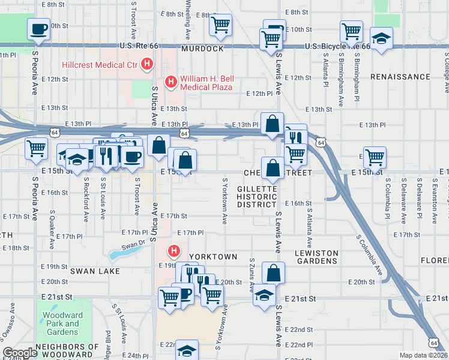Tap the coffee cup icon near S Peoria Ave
(38, 28)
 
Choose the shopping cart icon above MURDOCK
(220, 25)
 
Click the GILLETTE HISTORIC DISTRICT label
(257, 196)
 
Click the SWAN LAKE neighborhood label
(95, 271)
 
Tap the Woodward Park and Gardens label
(64, 323)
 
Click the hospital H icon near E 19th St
(174, 250)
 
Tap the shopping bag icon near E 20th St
(273, 273)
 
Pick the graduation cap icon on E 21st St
(264, 295)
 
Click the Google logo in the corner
(20, 353)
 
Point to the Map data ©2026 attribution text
(423, 355)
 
